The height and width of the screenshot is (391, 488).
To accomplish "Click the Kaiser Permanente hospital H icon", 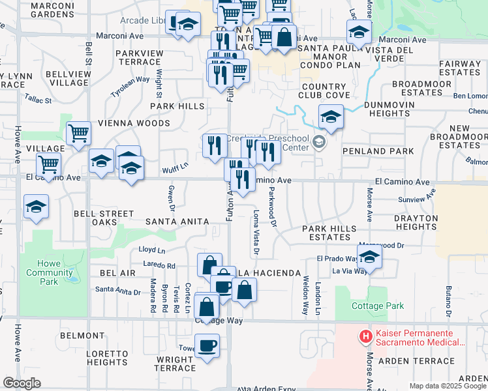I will coord(365,337).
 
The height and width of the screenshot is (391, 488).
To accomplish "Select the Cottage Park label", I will coord(377,306).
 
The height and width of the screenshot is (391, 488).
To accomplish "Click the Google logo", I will coord(22,383).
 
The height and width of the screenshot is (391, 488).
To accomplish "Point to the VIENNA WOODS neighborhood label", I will coord(134,123).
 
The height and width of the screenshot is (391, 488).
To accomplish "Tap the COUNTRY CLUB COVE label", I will coord(324,91).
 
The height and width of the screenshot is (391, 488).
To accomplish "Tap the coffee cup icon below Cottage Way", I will coord(208,345).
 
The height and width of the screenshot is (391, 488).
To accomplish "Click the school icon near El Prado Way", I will coord(369,257).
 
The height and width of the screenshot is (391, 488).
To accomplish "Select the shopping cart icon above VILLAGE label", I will coord(78,134).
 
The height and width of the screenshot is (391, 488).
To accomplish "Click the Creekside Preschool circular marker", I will coord(319,142).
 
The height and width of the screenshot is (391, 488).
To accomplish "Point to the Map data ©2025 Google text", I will coord(447,386).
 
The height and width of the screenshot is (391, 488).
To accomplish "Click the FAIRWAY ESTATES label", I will coord(459,68).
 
